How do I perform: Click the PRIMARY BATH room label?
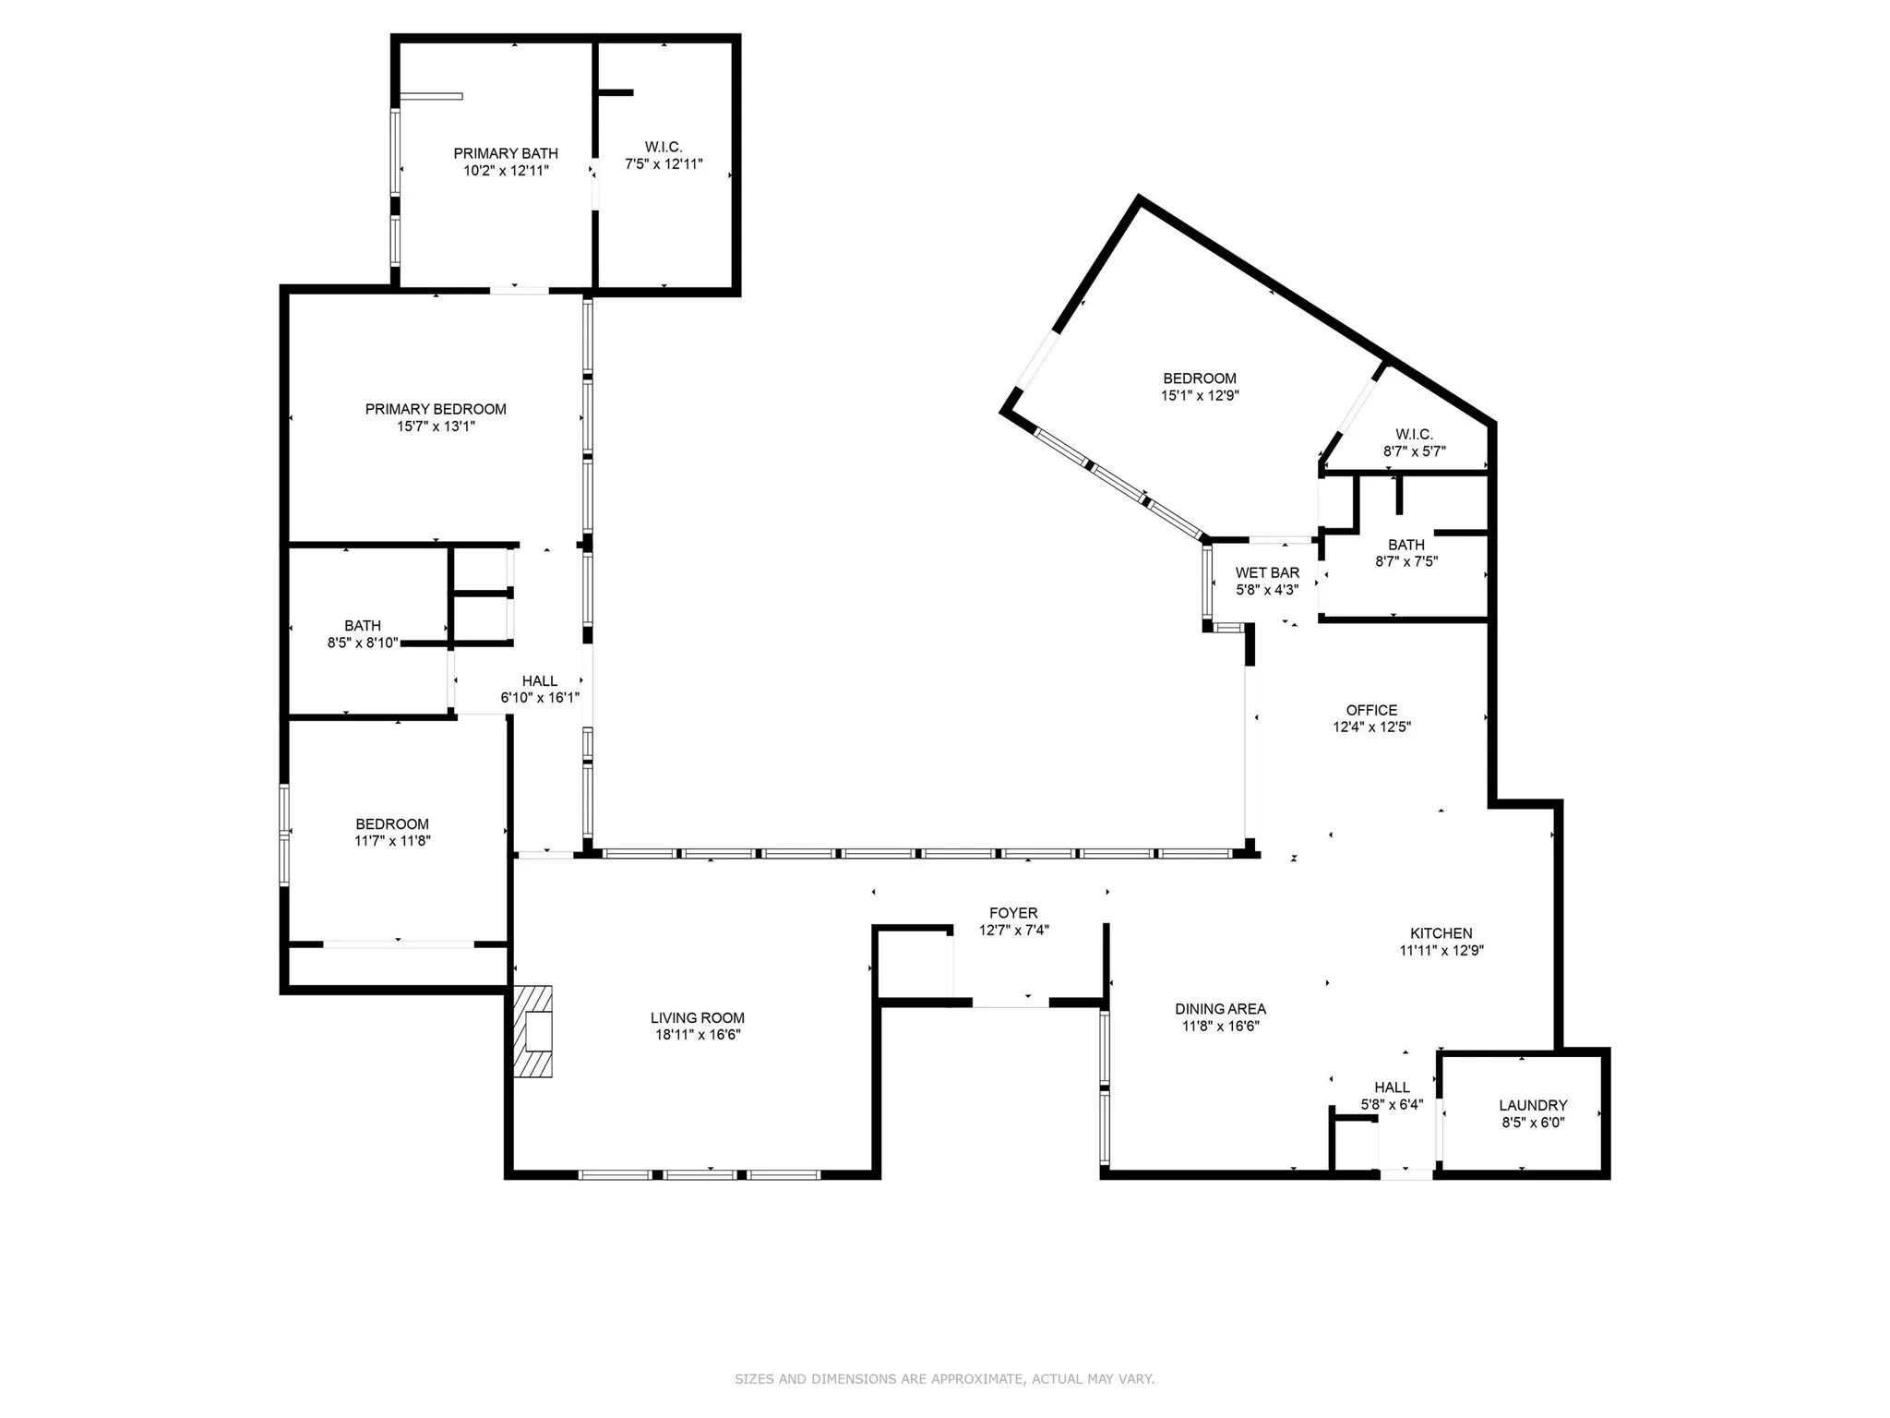tap(506, 153)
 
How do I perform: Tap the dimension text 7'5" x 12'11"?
tap(664, 164)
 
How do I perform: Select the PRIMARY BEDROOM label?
tap(436, 409)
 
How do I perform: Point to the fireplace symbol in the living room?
tap(534, 1031)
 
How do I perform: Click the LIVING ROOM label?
tap(697, 1018)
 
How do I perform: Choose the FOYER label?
tap(1013, 913)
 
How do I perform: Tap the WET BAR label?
tap(1267, 572)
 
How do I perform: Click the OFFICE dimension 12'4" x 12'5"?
tap(1371, 727)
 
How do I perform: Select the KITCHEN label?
tap(1441, 933)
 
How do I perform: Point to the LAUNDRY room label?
tap(1532, 1105)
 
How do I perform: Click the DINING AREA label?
tap(1220, 1009)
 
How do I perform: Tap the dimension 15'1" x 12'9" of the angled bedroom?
tap(1200, 395)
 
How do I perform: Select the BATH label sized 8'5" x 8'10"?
tap(363, 626)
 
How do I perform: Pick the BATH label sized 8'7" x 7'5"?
tap(1406, 545)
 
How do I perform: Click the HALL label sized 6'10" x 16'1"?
tap(540, 681)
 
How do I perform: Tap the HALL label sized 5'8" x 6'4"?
tap(1392, 1088)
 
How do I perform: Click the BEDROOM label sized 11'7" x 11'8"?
tap(392, 824)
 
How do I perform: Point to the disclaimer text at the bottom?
tap(944, 1379)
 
